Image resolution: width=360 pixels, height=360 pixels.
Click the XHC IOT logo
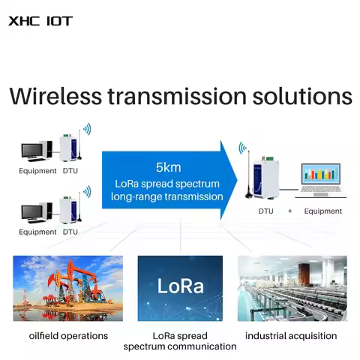(x=40, y=20)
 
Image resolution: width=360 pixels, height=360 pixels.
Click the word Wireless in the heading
(x=62, y=97)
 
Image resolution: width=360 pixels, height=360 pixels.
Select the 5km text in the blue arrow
(x=168, y=167)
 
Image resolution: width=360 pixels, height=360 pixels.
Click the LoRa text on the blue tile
(x=180, y=286)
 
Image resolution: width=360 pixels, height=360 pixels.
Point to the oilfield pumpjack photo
(x=68, y=288)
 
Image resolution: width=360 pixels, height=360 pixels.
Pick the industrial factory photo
(x=292, y=288)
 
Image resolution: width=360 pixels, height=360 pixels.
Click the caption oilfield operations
(x=68, y=335)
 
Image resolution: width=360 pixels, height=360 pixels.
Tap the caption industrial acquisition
(x=292, y=335)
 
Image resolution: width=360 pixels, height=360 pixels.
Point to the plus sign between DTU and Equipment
(x=289, y=211)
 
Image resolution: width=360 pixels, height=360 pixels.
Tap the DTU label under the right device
(x=266, y=211)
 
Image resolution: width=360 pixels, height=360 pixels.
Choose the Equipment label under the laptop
(x=322, y=211)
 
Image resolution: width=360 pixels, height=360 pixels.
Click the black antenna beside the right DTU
(x=244, y=176)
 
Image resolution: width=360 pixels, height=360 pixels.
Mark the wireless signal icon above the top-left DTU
(x=87, y=129)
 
